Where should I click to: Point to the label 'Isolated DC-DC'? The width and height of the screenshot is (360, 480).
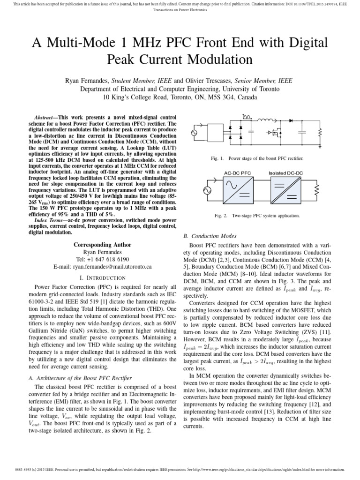285,173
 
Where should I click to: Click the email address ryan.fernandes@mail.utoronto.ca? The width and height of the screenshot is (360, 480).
103,266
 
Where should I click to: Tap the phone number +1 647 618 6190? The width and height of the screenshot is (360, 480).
102,259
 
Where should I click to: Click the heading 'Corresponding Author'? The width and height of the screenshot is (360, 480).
102,245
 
